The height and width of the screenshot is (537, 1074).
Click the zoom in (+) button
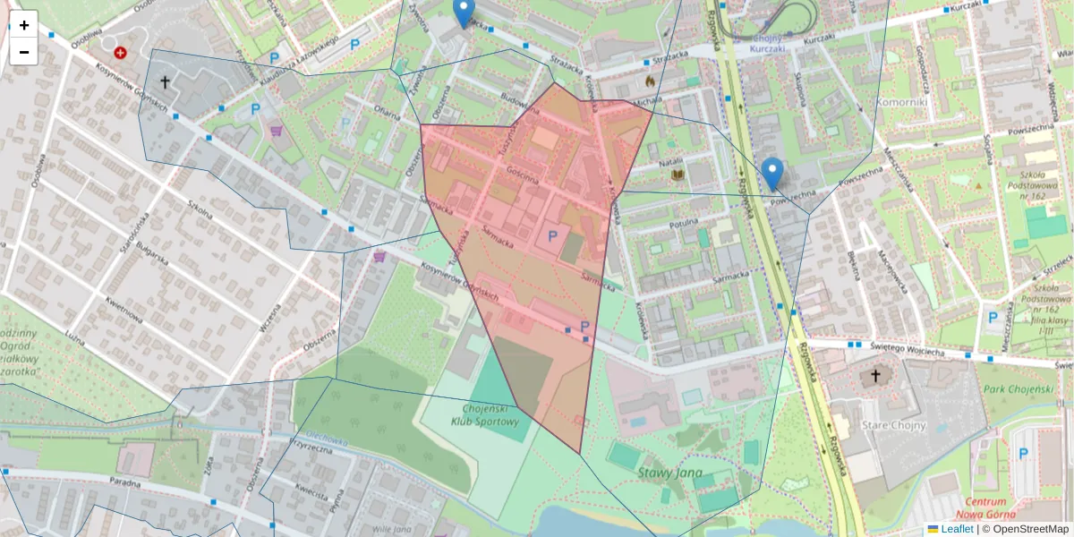24,25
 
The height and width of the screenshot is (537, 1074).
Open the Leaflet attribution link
956,529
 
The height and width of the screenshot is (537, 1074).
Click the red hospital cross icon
121,53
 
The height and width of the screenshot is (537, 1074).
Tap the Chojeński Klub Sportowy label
484,414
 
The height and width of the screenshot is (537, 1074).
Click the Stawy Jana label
670,472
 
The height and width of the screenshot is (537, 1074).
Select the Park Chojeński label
1018,389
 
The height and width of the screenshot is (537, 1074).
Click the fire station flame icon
650,81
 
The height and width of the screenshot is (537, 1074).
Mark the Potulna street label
682,217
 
